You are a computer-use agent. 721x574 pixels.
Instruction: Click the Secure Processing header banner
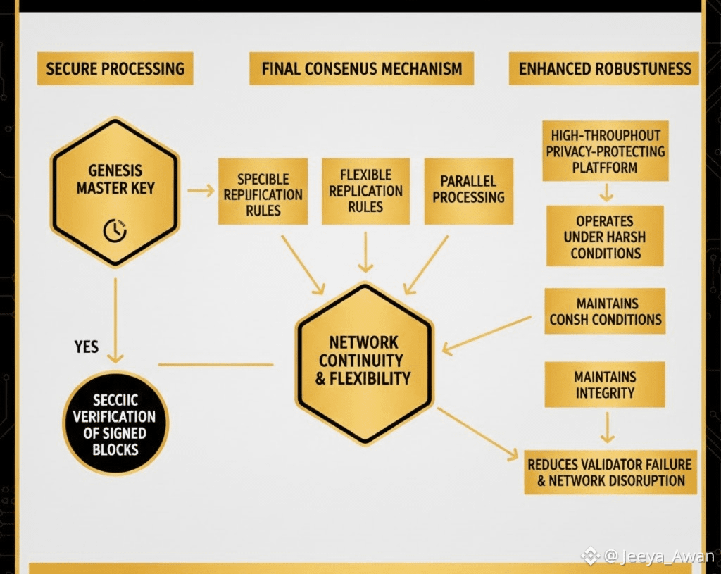(x=115, y=69)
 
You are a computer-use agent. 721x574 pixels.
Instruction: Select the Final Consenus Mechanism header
(x=361, y=69)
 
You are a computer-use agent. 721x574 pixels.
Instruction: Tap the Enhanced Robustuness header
(x=604, y=69)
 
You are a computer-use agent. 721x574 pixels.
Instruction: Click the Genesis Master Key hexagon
(x=115, y=192)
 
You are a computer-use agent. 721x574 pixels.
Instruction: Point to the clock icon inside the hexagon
(x=115, y=230)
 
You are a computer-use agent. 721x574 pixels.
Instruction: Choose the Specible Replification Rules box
(x=263, y=191)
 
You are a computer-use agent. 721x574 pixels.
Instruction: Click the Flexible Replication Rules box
(x=365, y=191)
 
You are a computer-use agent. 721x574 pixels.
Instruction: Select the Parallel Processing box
(x=468, y=191)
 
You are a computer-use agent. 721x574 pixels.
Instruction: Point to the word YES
(x=86, y=347)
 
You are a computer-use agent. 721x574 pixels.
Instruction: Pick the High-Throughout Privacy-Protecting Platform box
(x=605, y=151)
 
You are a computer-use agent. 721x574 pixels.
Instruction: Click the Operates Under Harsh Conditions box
(x=605, y=236)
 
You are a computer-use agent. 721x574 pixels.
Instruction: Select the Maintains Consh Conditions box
(x=605, y=311)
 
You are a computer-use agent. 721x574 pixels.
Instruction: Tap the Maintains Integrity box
(x=605, y=385)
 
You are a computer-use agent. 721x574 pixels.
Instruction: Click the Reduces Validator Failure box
(x=610, y=473)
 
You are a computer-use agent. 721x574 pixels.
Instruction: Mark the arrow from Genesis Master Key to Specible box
(x=201, y=190)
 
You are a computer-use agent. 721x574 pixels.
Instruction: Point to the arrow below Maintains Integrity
(x=606, y=427)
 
